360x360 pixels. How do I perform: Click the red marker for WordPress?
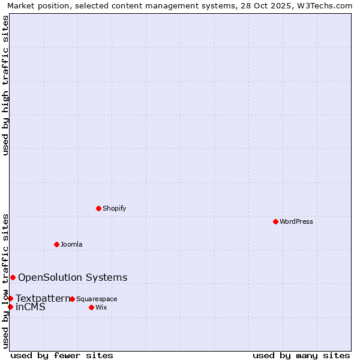click(275, 221)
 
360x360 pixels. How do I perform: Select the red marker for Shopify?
click(98, 208)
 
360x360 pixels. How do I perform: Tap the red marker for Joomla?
click(56, 244)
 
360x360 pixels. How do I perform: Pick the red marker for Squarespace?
click(72, 299)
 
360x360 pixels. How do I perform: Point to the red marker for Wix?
click(91, 307)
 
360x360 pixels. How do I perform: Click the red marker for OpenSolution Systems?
click(13, 277)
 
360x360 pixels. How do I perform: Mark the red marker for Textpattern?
click(10, 298)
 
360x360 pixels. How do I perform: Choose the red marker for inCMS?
click(10, 307)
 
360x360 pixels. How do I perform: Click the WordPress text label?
click(296, 221)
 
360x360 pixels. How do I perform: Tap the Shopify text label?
click(114, 208)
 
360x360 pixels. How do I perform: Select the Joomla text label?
click(71, 244)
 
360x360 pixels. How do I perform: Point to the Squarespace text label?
click(97, 299)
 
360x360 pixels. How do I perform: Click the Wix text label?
click(101, 307)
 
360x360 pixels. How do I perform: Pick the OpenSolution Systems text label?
click(73, 277)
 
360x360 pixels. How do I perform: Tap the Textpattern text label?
click(43, 298)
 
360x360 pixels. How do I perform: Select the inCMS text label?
click(30, 307)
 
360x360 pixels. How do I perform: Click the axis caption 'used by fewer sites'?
click(62, 356)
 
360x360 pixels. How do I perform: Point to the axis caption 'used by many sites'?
click(301, 356)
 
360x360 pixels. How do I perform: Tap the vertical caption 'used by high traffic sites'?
click(5, 85)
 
